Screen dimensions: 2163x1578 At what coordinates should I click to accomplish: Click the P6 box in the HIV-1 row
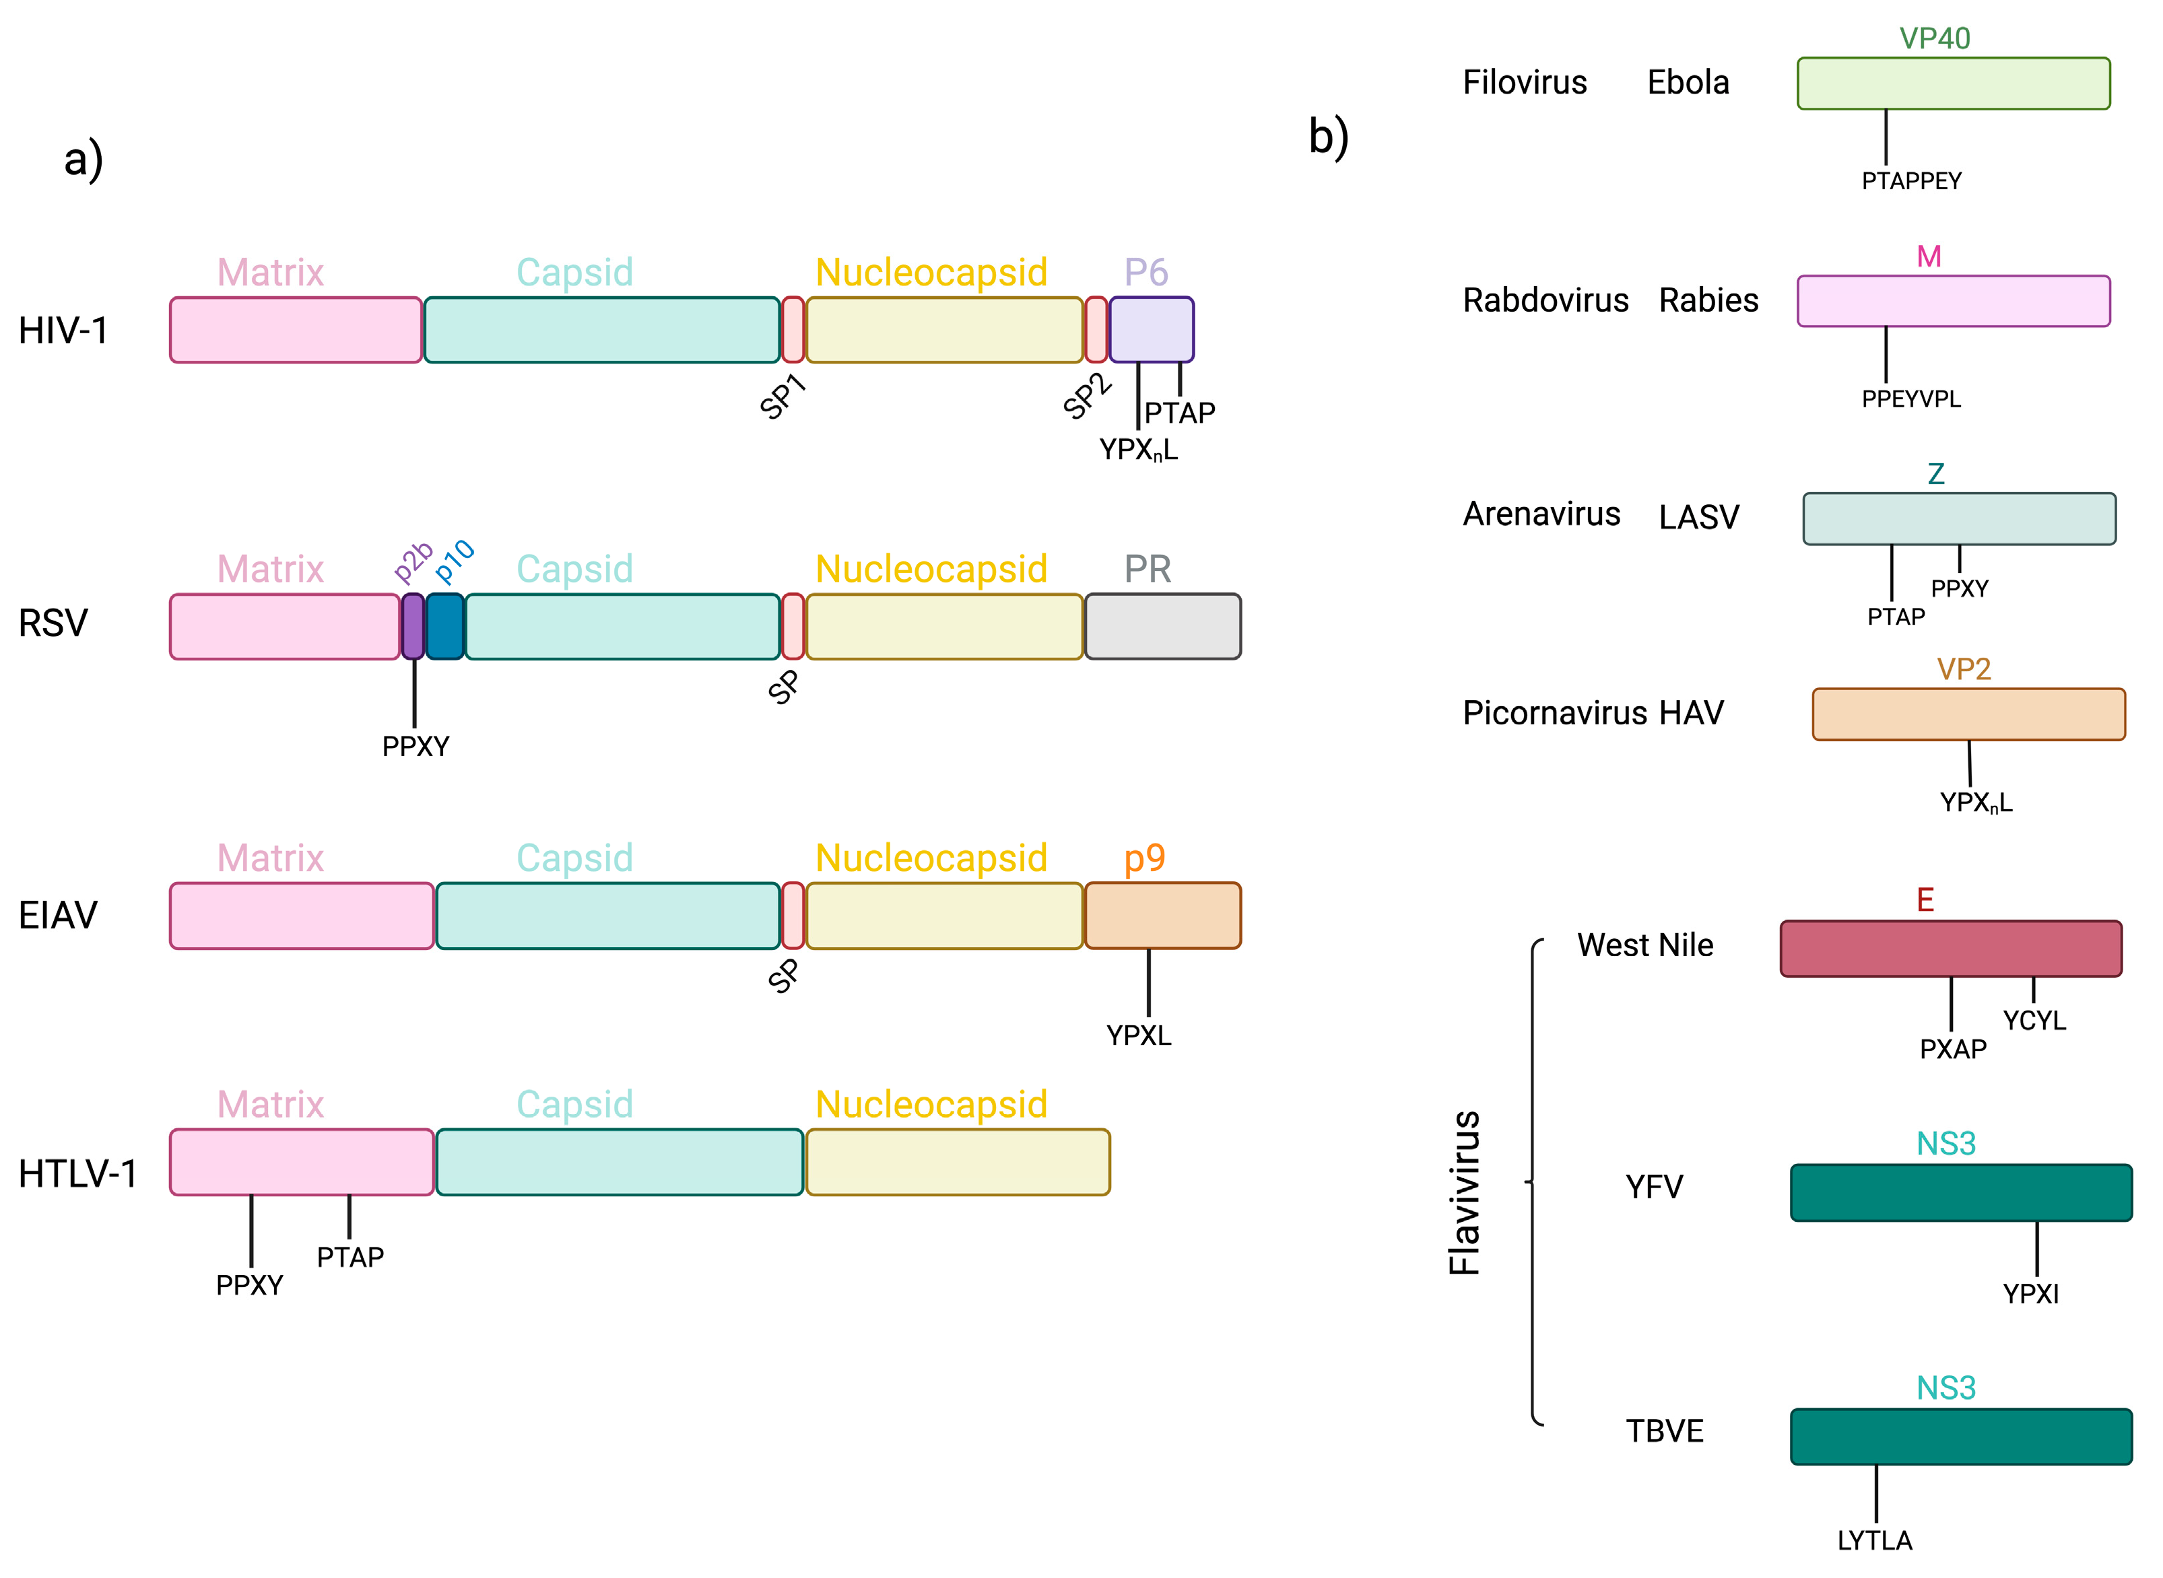1152,330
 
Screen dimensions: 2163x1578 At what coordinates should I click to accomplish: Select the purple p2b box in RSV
413,627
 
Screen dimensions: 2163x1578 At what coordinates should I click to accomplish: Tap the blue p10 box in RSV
445,627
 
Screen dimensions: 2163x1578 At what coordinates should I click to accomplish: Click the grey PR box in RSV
1163,627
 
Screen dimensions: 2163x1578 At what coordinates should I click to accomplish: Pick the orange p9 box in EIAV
1163,915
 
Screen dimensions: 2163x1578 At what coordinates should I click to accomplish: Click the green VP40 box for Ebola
1954,83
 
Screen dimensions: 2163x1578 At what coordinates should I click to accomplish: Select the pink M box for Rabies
1954,301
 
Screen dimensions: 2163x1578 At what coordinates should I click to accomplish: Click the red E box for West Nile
1951,949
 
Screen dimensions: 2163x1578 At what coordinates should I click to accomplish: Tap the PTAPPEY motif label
1910,180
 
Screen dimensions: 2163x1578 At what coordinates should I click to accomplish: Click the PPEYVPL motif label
1910,399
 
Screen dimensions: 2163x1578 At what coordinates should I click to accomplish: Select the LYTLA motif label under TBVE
1875,1540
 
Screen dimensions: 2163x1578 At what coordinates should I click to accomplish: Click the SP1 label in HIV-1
783,397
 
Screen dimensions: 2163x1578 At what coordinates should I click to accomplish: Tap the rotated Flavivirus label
1465,1192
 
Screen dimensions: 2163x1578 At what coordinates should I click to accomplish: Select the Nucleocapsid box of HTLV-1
958,1161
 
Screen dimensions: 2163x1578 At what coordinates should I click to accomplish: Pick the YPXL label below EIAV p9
1138,1035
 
